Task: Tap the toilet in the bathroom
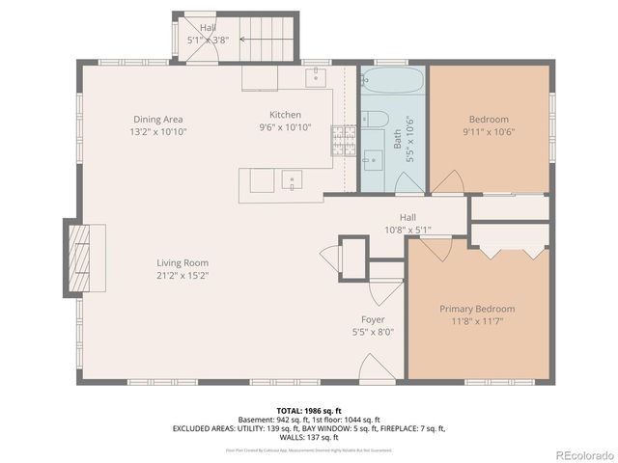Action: [x=379, y=120]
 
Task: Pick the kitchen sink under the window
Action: [x=315, y=77]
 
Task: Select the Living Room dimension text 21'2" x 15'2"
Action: [x=183, y=275]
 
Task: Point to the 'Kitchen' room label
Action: [x=285, y=115]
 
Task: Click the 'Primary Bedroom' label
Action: [x=477, y=309]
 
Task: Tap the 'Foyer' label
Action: [x=373, y=319]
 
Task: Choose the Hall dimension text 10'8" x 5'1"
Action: [x=407, y=231]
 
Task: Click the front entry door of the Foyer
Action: [x=374, y=368]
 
